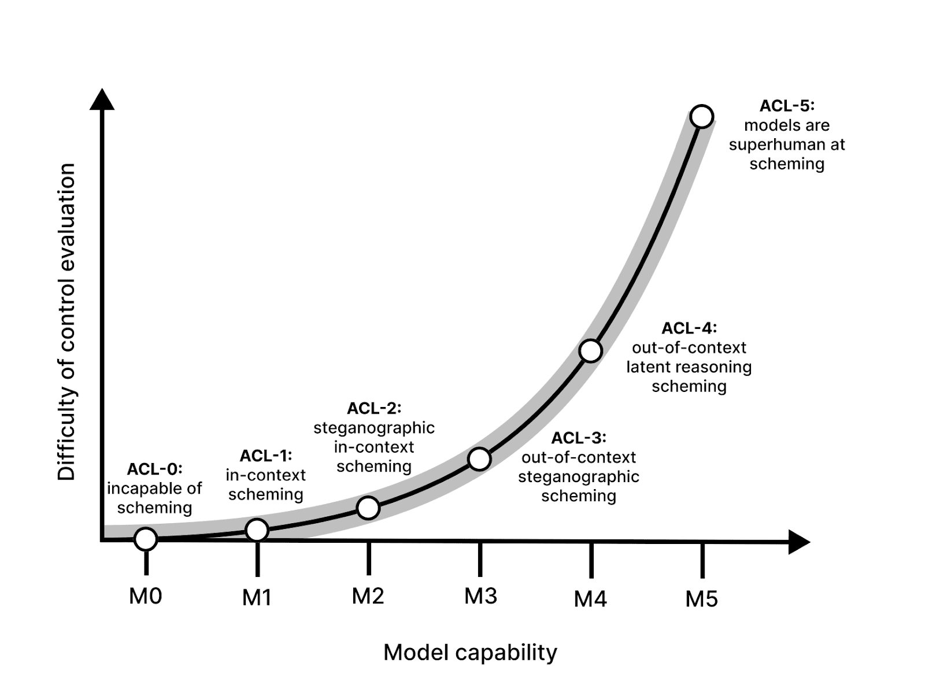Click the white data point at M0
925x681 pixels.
(146, 539)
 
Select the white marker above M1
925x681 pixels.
(257, 530)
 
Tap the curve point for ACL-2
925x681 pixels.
(368, 508)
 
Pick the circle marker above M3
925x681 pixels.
(479, 459)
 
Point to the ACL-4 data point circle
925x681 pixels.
(590, 351)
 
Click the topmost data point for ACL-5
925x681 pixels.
(702, 116)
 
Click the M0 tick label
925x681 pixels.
(146, 595)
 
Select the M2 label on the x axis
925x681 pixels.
(368, 595)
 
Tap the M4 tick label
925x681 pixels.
(590, 599)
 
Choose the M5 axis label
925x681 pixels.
(702, 599)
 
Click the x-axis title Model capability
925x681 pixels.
(470, 652)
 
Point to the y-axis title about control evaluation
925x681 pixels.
(67, 321)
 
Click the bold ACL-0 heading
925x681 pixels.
(154, 469)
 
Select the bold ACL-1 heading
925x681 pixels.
(266, 456)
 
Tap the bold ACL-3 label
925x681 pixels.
(579, 438)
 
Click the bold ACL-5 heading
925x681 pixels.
(787, 106)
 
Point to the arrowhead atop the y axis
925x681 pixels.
(102, 99)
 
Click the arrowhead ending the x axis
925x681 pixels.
(798, 542)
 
